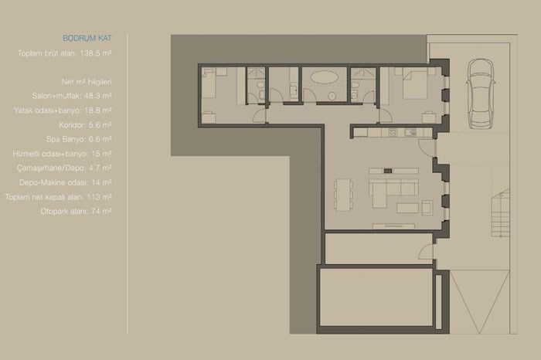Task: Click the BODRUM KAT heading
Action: pos(87,39)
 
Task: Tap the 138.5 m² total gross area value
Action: pos(96,53)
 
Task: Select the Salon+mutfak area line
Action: pos(72,96)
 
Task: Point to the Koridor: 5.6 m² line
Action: pos(85,125)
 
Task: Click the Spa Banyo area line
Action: pos(79,139)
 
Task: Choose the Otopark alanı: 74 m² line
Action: pos(76,212)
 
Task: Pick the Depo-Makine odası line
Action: pos(65,182)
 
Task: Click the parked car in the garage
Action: pos(481,93)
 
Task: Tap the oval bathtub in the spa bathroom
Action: pos(324,77)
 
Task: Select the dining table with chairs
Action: pos(343,194)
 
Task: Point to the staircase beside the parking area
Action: pos(500,215)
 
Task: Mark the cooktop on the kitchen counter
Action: pos(393,132)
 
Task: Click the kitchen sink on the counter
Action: pos(410,132)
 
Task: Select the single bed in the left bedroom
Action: pos(209,83)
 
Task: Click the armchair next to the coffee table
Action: pos(427,208)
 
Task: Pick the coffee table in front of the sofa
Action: pos(407,208)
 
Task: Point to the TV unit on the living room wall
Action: pos(393,226)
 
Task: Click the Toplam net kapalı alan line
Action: pos(58,197)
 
